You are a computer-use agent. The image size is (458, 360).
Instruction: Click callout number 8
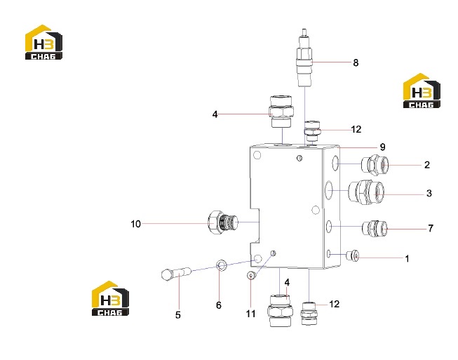[x=356, y=62]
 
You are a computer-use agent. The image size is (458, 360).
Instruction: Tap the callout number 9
[x=383, y=147]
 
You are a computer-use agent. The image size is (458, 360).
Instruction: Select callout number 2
[x=427, y=165]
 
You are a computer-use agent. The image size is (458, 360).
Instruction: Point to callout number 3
[x=429, y=193]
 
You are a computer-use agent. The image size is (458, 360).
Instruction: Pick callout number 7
[x=431, y=228]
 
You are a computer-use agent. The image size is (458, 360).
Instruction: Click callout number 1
[x=407, y=258]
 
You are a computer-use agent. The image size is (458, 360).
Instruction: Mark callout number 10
[x=135, y=224]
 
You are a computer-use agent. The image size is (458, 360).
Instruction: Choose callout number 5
[x=178, y=315]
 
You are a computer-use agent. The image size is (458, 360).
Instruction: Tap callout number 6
[x=219, y=305]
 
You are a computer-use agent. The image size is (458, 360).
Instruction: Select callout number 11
[x=250, y=314]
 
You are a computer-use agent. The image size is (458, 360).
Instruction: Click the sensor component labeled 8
[x=304, y=58]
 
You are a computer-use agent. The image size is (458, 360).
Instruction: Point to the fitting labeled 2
[x=375, y=165]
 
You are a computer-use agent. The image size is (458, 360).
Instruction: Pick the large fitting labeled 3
[x=367, y=192]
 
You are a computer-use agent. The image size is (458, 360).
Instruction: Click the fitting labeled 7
[x=375, y=229]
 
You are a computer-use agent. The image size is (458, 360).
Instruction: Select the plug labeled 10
[x=222, y=222]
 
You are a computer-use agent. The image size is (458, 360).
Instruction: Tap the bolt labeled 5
[x=176, y=274]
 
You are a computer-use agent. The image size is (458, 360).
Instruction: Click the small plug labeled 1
[x=352, y=255]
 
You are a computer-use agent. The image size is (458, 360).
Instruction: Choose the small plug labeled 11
[x=251, y=275]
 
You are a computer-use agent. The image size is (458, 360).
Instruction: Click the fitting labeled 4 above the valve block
[x=281, y=112]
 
